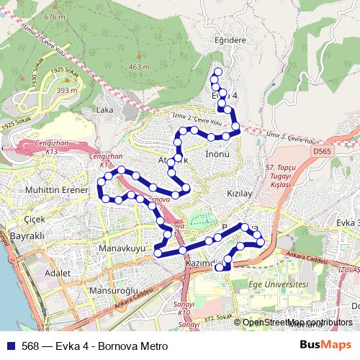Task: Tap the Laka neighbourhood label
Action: (104, 111)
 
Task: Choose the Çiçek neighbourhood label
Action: (35, 219)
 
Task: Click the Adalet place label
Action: (58, 274)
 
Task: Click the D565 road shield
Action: (321, 153)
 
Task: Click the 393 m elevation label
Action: (66, 91)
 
